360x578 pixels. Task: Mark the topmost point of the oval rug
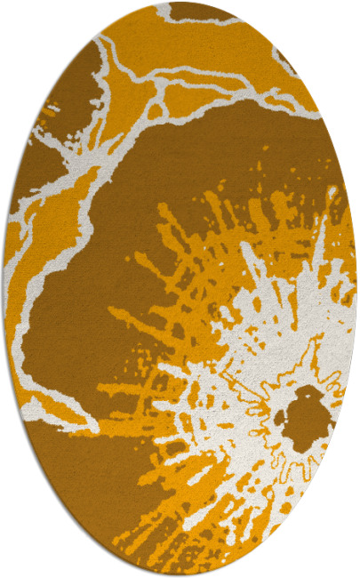tap(180, 2)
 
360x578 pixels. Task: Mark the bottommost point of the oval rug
tap(180, 576)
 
